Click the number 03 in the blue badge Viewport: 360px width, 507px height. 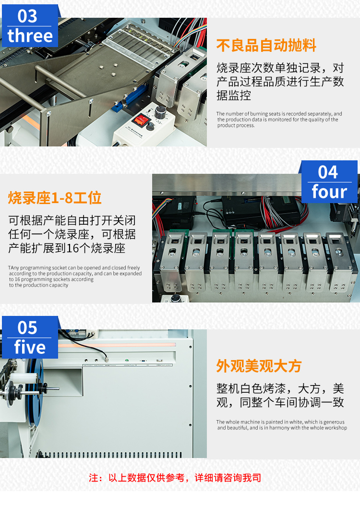27,16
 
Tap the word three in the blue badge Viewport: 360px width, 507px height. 30,36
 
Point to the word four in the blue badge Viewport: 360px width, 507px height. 329,192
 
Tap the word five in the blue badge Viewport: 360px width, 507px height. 30,347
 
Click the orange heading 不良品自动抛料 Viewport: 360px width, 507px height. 266,45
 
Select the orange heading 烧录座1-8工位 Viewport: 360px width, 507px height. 55,198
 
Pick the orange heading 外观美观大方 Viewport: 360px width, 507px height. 259,366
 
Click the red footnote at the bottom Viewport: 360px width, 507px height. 175,478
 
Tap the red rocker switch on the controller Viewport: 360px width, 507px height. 141,120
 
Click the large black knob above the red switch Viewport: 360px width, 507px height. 160,111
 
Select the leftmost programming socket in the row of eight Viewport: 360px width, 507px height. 172,262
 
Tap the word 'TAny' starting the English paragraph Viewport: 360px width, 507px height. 13,268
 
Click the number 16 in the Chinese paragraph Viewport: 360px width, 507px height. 72,248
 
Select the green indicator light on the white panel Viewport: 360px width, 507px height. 127,360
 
